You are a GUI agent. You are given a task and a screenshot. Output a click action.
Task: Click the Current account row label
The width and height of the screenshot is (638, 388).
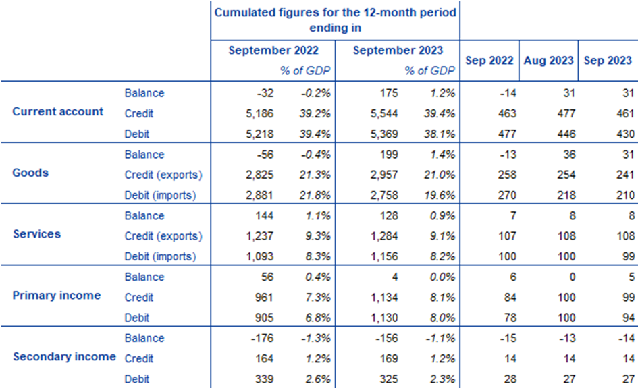58,111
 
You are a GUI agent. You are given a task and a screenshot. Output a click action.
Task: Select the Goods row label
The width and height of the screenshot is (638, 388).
30,173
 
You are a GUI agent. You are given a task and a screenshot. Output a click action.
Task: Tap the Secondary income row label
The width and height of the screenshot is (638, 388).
64,356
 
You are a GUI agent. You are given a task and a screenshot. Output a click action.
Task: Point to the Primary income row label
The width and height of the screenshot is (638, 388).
57,295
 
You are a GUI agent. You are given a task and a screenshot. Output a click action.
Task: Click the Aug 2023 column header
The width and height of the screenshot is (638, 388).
549,60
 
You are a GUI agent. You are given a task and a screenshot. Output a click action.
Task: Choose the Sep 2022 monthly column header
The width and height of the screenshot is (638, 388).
491,60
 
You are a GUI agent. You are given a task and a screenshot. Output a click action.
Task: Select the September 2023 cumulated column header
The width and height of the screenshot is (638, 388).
398,50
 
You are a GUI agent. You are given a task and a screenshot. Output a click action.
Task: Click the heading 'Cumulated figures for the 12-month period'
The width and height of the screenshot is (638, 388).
335,13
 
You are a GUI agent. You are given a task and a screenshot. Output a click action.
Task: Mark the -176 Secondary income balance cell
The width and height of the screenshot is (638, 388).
255,339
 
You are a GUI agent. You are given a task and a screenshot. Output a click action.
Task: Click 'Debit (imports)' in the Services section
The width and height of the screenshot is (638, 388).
160,256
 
